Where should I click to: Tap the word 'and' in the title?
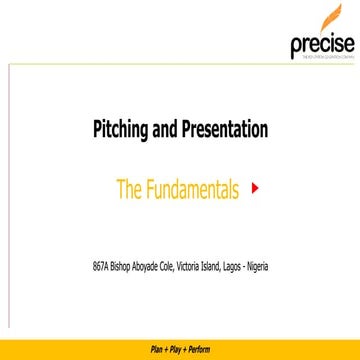163,130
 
